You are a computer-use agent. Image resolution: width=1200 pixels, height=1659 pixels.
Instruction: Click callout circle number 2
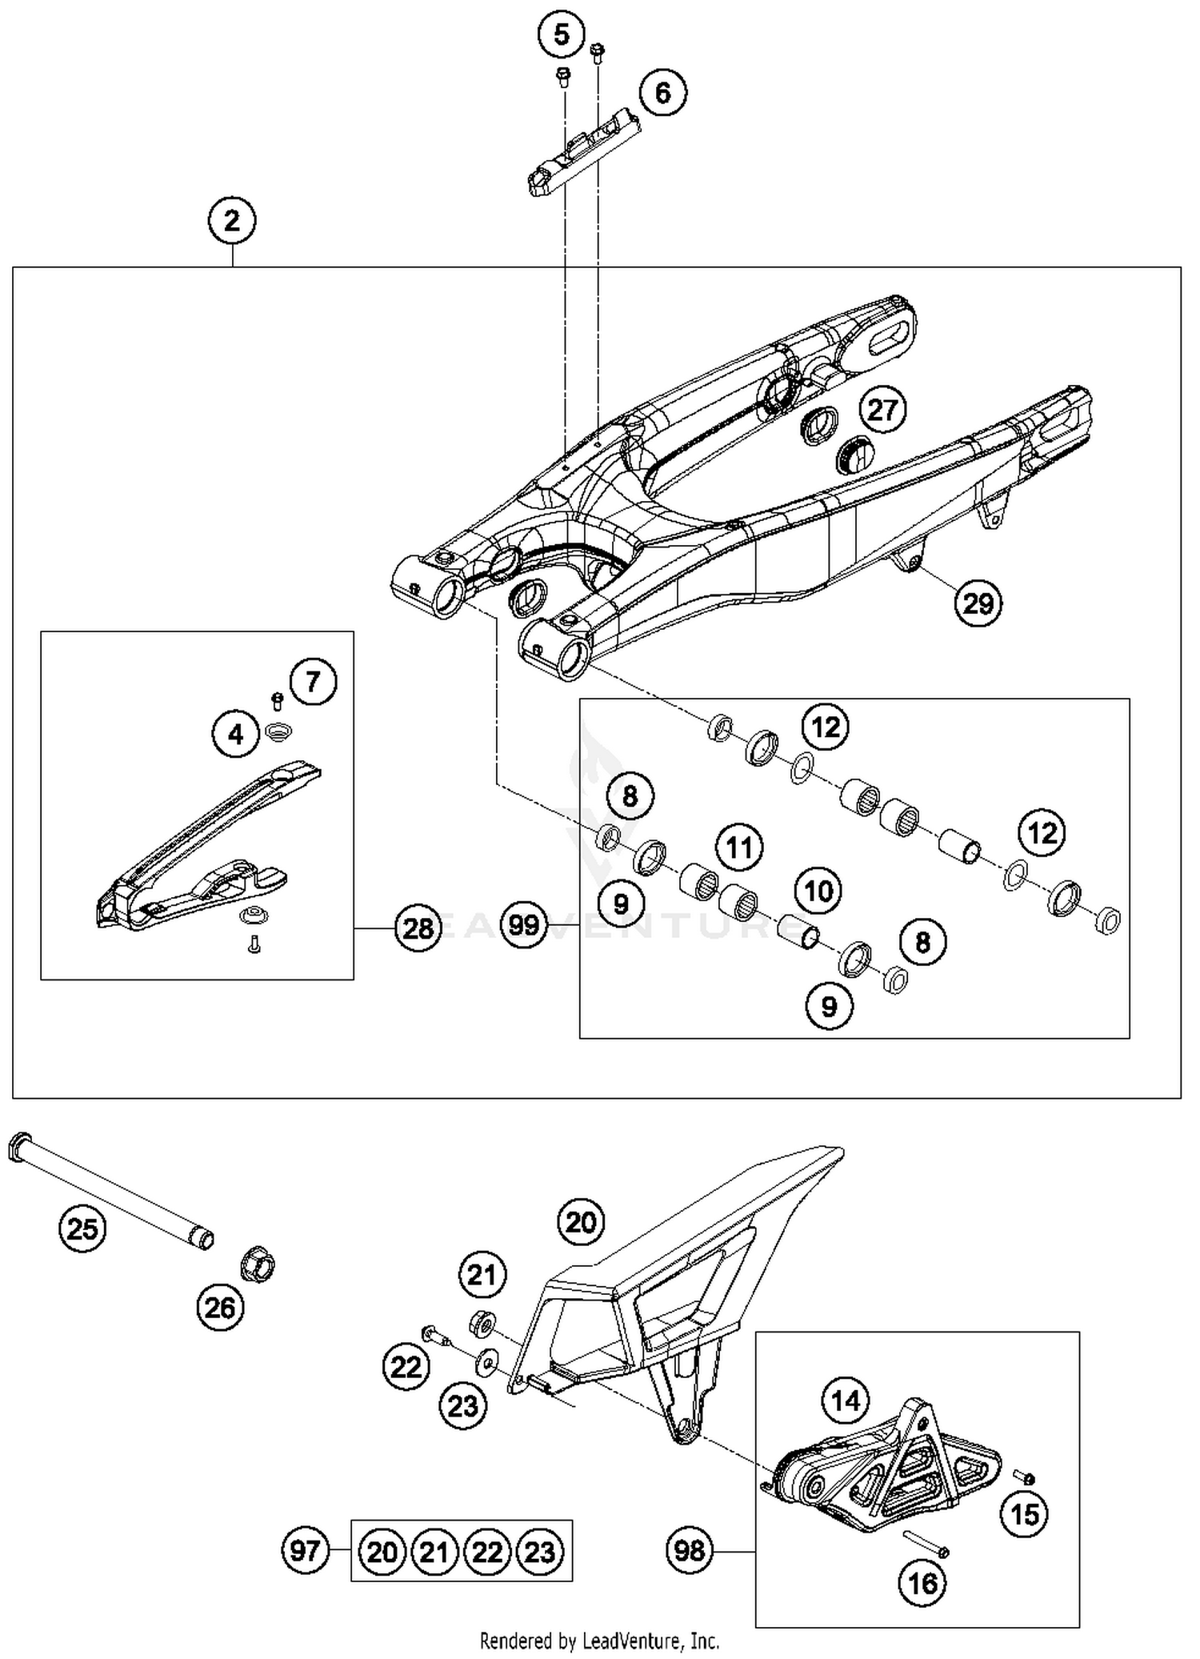(232, 221)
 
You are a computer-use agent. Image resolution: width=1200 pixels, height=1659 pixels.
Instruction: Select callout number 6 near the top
(662, 93)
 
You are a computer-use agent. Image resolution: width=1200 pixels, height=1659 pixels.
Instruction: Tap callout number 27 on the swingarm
(882, 410)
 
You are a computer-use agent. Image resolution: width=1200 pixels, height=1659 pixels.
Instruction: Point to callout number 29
(978, 603)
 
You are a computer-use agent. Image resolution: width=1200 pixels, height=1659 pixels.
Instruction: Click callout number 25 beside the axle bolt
(82, 1228)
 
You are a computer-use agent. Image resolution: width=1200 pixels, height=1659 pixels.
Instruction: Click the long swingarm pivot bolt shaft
(112, 1188)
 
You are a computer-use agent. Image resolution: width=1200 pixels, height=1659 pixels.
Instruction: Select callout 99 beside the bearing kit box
(524, 925)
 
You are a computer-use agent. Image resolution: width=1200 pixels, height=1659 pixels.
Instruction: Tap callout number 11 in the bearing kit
(739, 847)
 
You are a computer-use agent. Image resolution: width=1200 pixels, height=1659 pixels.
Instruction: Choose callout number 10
(818, 890)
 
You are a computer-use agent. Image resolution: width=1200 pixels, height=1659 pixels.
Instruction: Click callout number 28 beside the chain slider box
(418, 928)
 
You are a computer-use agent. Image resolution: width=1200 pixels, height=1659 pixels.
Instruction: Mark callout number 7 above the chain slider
(313, 681)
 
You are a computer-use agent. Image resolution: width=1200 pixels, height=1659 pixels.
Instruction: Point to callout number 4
(236, 733)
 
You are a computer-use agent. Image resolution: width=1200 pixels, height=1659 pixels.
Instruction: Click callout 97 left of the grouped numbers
(306, 1551)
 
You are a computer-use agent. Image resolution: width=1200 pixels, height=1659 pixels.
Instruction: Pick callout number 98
(690, 1551)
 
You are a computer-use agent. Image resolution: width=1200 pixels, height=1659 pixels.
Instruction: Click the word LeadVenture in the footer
(628, 1641)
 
